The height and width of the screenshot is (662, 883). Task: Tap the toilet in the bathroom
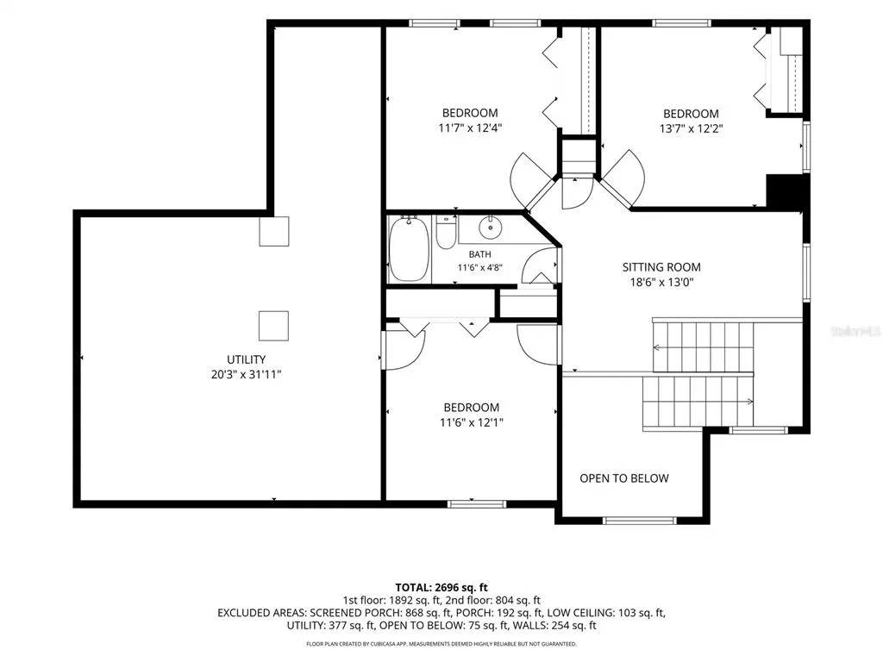click(x=446, y=232)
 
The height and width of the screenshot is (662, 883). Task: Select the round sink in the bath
click(x=490, y=227)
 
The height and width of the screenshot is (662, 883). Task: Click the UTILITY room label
click(x=246, y=359)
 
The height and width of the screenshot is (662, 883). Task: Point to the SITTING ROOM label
click(x=661, y=267)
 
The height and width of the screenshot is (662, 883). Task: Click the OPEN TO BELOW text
click(x=624, y=478)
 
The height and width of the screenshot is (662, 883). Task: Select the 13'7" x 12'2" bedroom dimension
click(x=691, y=128)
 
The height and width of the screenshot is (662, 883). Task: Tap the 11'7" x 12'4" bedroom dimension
click(x=470, y=128)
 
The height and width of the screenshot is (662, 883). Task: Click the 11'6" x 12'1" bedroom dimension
click(x=472, y=422)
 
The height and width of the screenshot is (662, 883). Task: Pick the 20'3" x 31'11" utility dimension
click(x=246, y=374)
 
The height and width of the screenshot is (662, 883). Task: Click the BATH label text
click(x=479, y=254)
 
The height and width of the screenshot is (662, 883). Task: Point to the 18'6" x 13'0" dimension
click(x=661, y=282)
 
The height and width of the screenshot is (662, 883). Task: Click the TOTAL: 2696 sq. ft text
click(x=441, y=588)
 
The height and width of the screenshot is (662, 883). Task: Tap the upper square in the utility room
click(x=274, y=231)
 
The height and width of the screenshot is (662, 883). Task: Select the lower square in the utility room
click(x=273, y=326)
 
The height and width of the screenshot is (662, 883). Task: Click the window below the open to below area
click(x=639, y=521)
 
